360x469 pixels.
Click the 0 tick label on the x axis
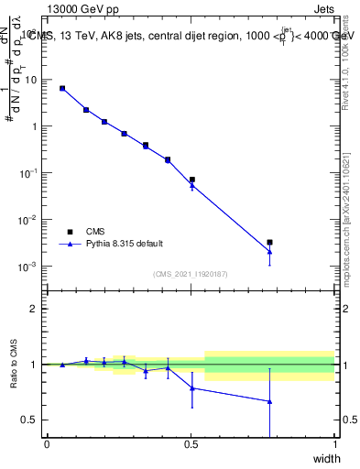[x=47, y=444]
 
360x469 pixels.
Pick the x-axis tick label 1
[x=334, y=444]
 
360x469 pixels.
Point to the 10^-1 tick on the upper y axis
[x=29, y=173]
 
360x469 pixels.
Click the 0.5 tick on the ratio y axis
[x=32, y=420]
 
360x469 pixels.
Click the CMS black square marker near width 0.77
[x=269, y=243]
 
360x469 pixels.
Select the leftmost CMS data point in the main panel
[x=62, y=88]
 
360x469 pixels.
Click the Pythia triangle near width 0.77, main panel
[x=269, y=251]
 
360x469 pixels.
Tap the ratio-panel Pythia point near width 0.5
[x=191, y=388]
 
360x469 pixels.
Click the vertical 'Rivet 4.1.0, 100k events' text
[x=346, y=55]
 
